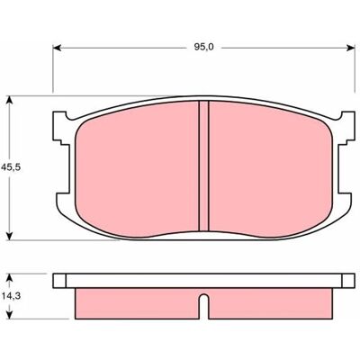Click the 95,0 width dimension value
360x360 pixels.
(203, 48)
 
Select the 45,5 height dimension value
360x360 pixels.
(11, 167)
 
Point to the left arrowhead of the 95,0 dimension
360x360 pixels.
(57, 48)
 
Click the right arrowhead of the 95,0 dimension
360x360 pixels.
(350, 48)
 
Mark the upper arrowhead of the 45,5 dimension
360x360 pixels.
(10, 101)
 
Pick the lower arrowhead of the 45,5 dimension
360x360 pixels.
(10, 236)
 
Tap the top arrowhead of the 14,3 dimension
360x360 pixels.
(10, 278)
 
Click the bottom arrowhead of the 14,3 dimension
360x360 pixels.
(10, 314)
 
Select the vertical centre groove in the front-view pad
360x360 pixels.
(204, 166)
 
